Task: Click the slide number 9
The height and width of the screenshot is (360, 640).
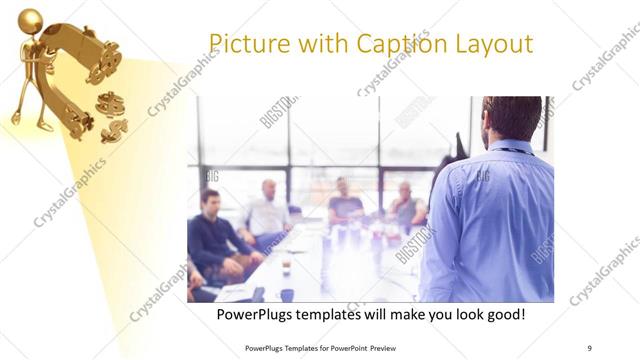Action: coord(590,347)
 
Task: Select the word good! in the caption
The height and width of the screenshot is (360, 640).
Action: coord(502,315)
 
